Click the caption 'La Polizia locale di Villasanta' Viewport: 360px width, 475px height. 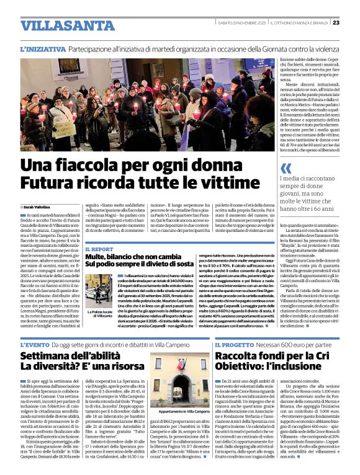pyautogui.click(x=101, y=314)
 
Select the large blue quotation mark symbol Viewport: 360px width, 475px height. pyautogui.click(x=286, y=169)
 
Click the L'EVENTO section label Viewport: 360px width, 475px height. pyautogui.click(x=39, y=345)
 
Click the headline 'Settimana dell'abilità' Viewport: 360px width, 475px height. pyautogui.click(x=70, y=357)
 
